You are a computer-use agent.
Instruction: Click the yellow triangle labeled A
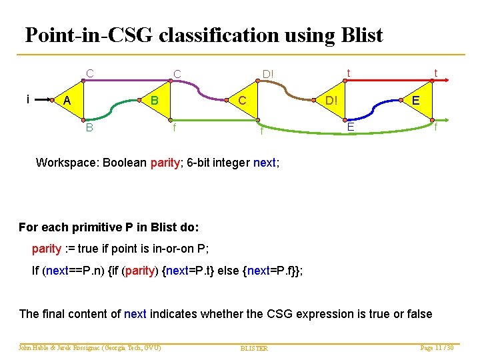[x=67, y=101]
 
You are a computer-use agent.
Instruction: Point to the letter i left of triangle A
[x=27, y=99]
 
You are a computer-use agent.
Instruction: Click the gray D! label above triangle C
[x=268, y=73]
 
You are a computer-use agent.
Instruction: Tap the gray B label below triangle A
[x=89, y=127]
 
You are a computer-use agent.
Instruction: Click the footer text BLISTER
[x=253, y=348]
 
